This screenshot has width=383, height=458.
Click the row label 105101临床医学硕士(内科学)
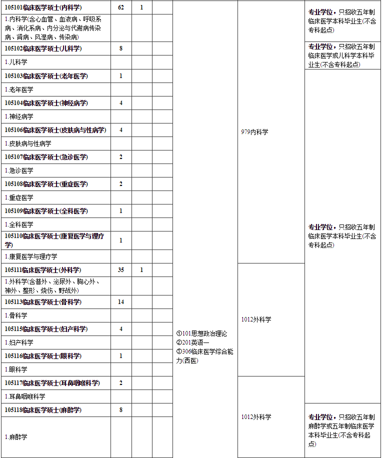click(x=43, y=8)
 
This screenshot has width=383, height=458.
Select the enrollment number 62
click(x=121, y=8)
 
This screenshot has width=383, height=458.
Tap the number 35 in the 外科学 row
click(x=121, y=270)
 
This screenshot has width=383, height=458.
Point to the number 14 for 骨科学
click(x=121, y=302)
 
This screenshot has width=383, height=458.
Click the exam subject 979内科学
click(x=254, y=132)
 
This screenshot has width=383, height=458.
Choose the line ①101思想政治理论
click(x=201, y=333)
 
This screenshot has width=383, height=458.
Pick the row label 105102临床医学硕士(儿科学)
click(x=43, y=48)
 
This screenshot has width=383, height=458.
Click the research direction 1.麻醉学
click(x=16, y=437)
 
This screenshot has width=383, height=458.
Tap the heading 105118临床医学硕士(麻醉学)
click(x=43, y=410)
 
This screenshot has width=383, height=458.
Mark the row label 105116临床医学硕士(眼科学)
click(x=43, y=356)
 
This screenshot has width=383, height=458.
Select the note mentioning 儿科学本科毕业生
click(x=341, y=55)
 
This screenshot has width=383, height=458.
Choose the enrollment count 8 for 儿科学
click(x=121, y=48)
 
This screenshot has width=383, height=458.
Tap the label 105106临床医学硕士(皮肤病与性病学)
click(x=55, y=130)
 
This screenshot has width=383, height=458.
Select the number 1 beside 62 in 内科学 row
click(x=141, y=8)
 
